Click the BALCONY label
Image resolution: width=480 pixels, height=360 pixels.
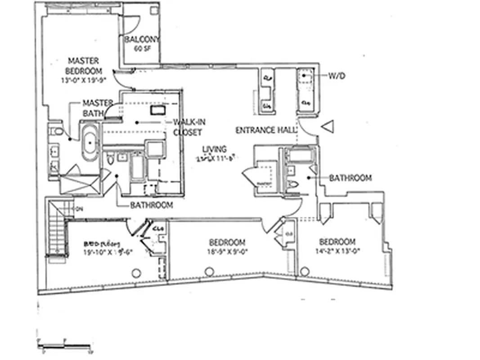142,40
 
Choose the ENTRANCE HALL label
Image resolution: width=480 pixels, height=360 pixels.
266,130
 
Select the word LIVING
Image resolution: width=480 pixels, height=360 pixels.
214,149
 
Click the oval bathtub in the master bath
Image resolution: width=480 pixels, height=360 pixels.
90,144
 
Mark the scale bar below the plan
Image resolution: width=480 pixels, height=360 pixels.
63,346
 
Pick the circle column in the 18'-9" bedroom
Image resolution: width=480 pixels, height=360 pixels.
209,272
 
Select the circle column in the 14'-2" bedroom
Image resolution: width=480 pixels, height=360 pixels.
305,271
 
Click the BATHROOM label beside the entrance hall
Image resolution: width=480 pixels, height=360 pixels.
350,178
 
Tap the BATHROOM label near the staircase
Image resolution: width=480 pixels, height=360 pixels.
152,205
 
